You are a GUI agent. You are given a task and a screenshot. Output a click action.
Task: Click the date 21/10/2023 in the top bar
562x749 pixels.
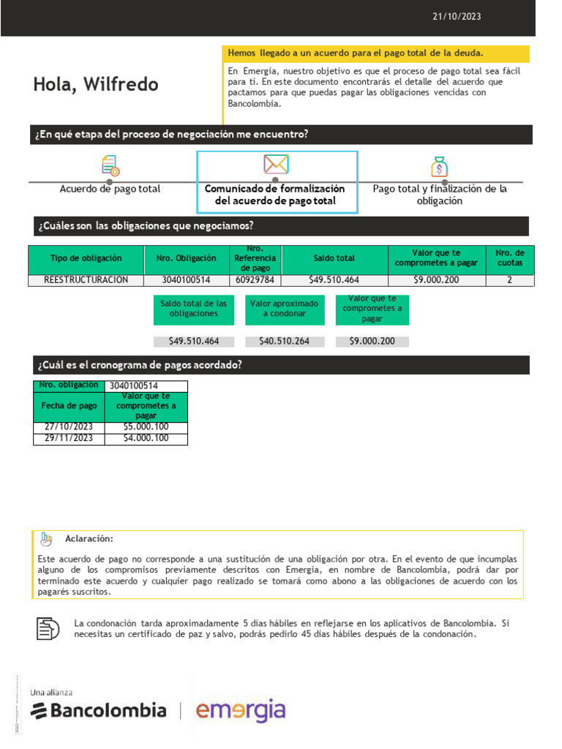tap(457, 17)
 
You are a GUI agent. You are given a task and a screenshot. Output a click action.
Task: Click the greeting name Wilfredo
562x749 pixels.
tap(120, 85)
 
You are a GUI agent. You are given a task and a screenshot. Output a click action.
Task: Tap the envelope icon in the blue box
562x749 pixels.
tap(276, 164)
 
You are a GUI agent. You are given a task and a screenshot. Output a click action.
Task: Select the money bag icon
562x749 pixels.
tap(439, 167)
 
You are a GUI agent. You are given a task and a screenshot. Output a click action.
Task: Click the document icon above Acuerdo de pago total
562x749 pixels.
tap(110, 165)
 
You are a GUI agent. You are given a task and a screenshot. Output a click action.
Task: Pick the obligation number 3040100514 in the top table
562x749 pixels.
tap(186, 280)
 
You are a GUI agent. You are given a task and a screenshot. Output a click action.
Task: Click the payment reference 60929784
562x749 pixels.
tap(255, 280)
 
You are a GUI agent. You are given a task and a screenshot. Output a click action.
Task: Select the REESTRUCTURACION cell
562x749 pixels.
tap(86, 280)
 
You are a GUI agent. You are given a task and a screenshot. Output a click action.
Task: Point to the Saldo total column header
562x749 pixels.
tap(334, 259)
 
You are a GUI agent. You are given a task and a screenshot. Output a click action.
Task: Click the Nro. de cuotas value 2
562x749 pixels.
tap(509, 280)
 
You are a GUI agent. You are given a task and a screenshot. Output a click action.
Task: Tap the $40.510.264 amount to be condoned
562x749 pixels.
tap(284, 342)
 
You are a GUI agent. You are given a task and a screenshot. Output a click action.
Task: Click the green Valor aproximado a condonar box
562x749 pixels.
tap(284, 309)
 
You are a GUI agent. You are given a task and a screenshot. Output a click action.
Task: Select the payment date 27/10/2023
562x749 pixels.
tap(69, 427)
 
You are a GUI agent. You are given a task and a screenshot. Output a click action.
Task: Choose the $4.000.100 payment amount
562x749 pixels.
tap(146, 439)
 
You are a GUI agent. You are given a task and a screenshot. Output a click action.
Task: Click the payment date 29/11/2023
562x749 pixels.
tap(69, 439)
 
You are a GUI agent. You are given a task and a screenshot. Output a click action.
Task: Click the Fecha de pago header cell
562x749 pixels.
tap(69, 406)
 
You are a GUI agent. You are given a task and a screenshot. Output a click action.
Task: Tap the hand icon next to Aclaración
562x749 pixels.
tap(46, 539)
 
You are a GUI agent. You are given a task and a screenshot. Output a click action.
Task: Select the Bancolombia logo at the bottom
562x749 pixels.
tap(99, 710)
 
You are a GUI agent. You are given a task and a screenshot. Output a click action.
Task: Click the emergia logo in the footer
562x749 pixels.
tap(240, 710)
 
